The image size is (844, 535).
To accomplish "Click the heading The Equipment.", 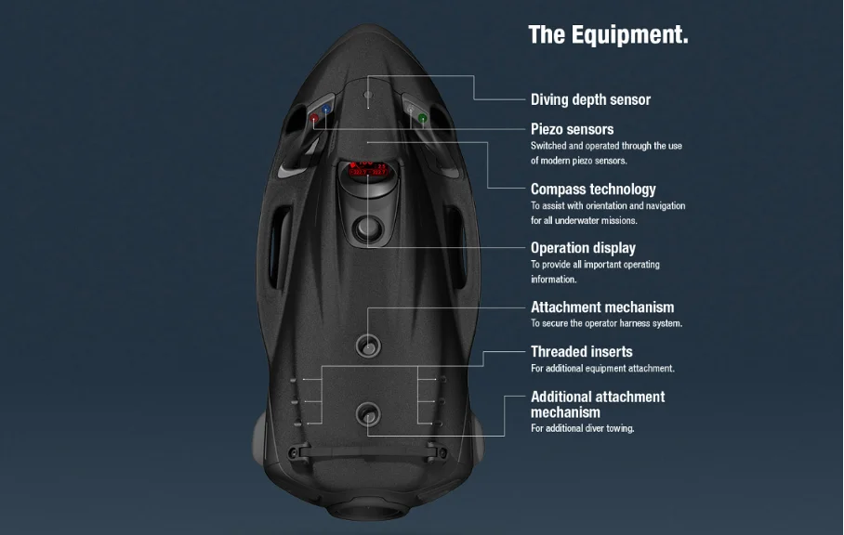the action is point(608,35).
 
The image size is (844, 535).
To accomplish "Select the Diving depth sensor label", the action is point(590,99).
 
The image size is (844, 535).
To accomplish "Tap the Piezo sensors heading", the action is point(572,129).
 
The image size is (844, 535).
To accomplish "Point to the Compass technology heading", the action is point(593,189).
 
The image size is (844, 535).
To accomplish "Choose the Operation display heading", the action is point(583,248).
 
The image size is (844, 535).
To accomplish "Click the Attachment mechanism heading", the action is point(602,307).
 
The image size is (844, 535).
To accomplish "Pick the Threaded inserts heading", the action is point(581,352).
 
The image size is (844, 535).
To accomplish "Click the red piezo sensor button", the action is point(314,118).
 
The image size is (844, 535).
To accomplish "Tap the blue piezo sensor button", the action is point(326,110).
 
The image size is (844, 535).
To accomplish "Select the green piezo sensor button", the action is point(423,118).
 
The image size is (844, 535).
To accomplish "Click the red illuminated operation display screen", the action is point(368,169).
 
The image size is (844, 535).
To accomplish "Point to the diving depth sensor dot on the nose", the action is point(368,95).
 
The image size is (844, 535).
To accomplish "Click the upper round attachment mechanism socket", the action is point(368,346).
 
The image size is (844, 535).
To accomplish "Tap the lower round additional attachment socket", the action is point(368,414).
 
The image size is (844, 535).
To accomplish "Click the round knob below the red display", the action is point(368,228).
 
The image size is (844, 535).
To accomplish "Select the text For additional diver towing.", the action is point(583,428).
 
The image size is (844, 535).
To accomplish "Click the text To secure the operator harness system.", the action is point(606,323).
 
